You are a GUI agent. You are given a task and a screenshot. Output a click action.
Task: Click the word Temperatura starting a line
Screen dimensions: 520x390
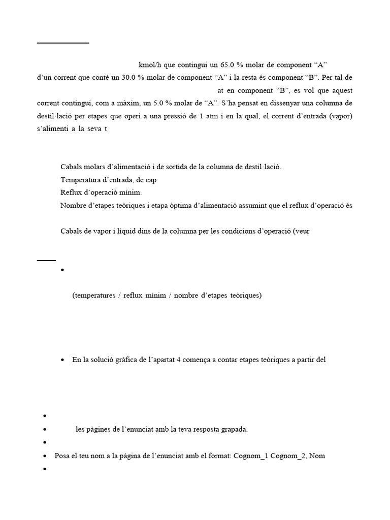81,180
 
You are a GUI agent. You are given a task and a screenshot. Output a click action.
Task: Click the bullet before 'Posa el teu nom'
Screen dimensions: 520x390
45,456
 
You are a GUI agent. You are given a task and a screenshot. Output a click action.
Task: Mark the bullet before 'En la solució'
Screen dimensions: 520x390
62,360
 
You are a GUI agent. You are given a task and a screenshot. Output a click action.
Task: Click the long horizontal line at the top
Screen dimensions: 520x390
63,43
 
